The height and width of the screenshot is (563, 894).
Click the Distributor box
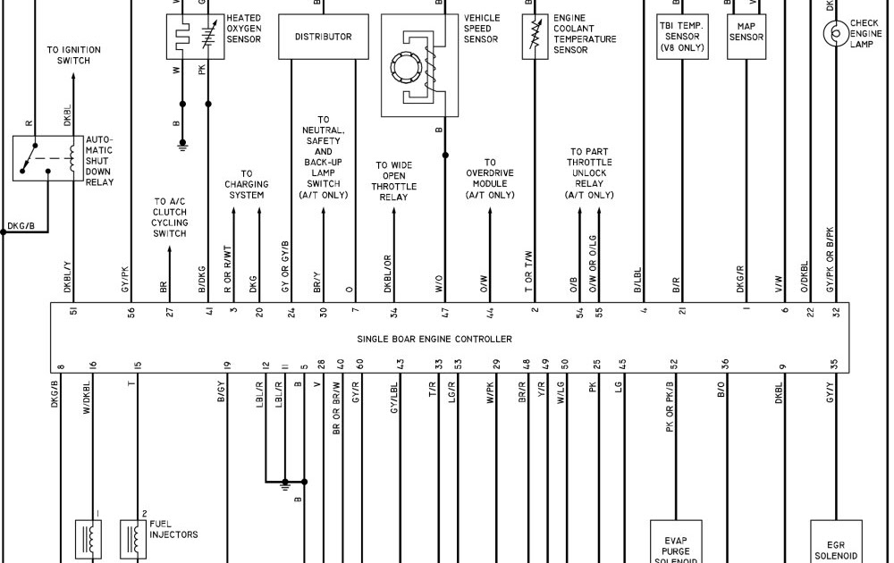pyautogui.click(x=323, y=37)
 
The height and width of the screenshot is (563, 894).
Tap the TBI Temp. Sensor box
pyautogui.click(x=682, y=37)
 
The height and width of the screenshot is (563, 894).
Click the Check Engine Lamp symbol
pyautogui.click(x=836, y=33)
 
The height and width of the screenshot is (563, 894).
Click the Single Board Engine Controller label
pyautogui.click(x=434, y=339)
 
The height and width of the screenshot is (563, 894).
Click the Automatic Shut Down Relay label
pyautogui.click(x=99, y=161)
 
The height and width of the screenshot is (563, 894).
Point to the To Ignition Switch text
pyautogui.click(x=73, y=55)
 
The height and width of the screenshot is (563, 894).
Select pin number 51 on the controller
pyautogui.click(x=73, y=312)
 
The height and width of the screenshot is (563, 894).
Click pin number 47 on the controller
pyautogui.click(x=444, y=312)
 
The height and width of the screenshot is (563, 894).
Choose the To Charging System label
pyautogui.click(x=246, y=184)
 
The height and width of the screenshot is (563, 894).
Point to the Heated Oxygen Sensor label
pyautogui.click(x=243, y=29)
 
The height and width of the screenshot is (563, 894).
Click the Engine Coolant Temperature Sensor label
pyautogui.click(x=585, y=34)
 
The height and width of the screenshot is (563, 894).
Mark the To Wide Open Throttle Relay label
pyautogui.click(x=394, y=181)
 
